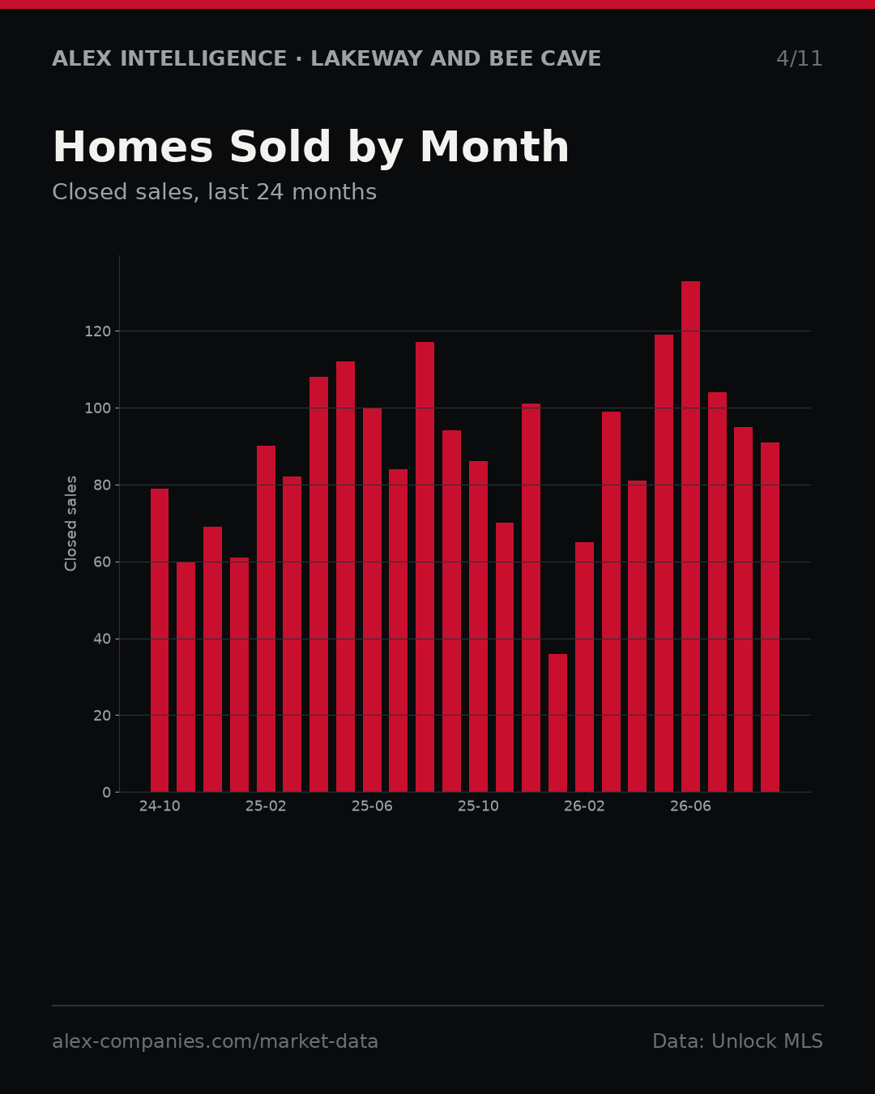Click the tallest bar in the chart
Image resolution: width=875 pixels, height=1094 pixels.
point(690,536)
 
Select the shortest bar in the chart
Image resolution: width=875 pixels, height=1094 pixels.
point(557,723)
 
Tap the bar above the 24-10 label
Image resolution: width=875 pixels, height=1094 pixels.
point(160,640)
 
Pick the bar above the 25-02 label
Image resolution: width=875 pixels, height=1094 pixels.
point(266,618)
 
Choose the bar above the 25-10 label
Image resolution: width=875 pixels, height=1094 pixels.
point(479,626)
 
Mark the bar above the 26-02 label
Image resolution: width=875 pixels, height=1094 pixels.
point(585,667)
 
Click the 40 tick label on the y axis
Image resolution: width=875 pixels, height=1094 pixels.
point(102,639)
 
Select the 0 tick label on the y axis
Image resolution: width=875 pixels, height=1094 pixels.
point(106,793)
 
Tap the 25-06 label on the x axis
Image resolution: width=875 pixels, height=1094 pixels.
point(372,806)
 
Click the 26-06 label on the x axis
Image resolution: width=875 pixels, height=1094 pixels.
point(690,806)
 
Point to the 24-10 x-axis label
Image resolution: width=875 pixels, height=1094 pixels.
point(160,806)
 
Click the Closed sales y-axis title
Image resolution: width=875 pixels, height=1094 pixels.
point(71,523)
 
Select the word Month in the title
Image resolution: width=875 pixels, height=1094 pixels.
point(494,147)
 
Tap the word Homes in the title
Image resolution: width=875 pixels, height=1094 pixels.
point(133,147)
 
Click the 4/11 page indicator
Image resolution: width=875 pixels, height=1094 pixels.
point(799,59)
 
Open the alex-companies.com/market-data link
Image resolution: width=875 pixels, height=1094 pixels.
point(216,1041)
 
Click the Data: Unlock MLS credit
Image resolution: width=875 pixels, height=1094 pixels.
point(738,1041)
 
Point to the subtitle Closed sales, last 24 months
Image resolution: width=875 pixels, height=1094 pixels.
point(215,192)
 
